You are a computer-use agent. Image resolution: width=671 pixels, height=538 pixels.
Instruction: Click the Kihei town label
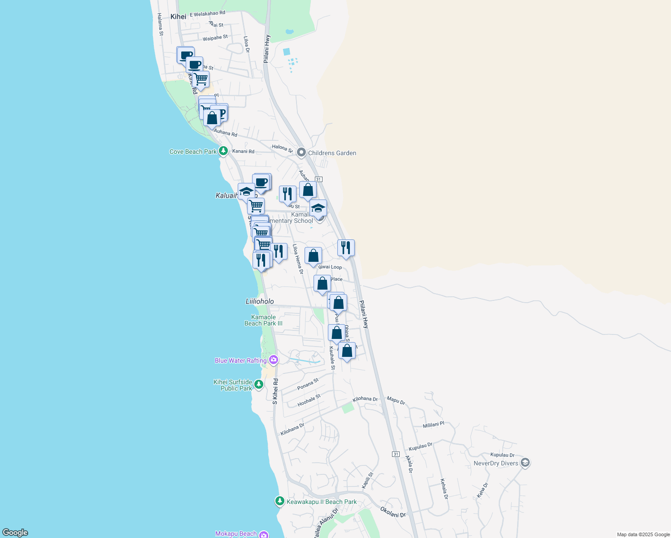coord(178,17)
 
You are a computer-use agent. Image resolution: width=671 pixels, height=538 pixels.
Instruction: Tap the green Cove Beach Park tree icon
coord(223,151)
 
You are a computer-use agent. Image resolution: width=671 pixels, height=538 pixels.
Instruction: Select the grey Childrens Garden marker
coord(301,153)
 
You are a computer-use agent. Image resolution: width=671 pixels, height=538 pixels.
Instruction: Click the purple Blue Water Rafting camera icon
coord(274,360)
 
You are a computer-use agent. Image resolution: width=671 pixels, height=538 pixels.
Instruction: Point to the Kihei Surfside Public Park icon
coord(259,384)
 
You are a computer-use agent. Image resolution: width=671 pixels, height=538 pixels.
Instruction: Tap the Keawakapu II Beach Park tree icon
coord(280,501)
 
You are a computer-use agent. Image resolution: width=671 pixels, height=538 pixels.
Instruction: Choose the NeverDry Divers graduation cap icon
coord(525,463)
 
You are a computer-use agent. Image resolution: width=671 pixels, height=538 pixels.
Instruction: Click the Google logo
coord(15,532)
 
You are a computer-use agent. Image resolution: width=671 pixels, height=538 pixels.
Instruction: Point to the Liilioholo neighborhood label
coord(260,301)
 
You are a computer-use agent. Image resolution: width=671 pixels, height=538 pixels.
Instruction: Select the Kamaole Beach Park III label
coord(263,320)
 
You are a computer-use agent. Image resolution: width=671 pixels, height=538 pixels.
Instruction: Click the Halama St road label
coord(160,24)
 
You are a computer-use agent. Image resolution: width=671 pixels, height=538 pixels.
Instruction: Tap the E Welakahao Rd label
coord(207,14)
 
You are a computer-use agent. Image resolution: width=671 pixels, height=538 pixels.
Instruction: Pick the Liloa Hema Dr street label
coord(298,259)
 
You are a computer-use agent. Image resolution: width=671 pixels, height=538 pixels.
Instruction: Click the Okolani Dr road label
coord(392,512)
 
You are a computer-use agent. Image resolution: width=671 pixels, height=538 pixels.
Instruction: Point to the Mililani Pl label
coord(433,425)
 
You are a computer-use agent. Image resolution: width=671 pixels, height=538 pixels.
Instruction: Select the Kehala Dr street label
coord(444,489)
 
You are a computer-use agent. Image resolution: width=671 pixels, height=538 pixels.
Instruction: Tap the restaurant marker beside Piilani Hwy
coord(346,248)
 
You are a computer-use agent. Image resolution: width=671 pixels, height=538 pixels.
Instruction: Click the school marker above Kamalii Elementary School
coord(318,208)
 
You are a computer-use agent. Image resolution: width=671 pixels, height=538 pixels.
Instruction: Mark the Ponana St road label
coord(308,384)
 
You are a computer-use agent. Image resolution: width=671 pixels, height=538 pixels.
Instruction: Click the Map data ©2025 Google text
coord(643,534)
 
